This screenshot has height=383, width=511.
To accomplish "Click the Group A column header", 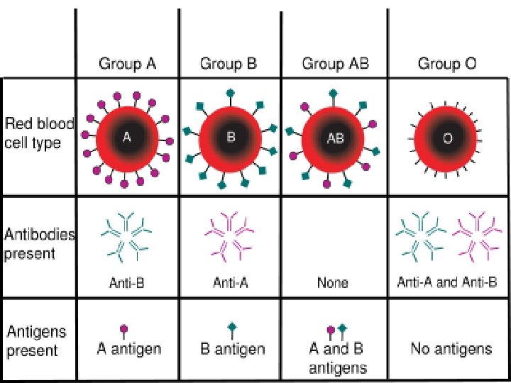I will coord(127,65).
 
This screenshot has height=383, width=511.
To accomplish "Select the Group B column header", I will coord(228,65).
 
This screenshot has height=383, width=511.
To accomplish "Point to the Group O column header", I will coord(447,65).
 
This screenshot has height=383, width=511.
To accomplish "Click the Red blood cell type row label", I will coord(39,133).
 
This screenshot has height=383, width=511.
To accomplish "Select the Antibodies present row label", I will coord(40,244).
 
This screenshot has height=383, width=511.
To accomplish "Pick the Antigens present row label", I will coord(37,340).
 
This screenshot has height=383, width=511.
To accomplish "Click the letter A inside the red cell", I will coord(127,138).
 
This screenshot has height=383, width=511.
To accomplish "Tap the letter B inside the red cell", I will coord(230,138).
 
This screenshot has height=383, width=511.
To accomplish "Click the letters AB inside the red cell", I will coord(334,139).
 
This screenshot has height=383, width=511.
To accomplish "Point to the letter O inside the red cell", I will coord(447,139).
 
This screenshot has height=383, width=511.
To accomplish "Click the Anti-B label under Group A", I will coord(127,283).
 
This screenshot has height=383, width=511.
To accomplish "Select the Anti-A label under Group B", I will coord(230,283).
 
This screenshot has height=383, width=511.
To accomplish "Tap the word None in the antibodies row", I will coord(333,283).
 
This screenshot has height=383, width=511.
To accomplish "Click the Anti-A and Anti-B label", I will coord(447,282).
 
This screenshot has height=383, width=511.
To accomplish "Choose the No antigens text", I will coord(451,348).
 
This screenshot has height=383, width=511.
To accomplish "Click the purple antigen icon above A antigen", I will coord(124,331).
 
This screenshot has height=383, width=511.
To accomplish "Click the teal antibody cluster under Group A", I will coord(127,235).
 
